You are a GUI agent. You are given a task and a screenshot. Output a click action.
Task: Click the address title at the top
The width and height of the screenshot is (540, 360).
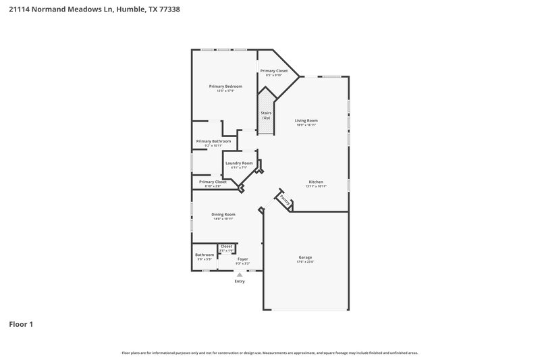click(x=94, y=10)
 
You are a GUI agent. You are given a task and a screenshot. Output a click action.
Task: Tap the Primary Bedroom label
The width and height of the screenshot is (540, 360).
click(x=225, y=86)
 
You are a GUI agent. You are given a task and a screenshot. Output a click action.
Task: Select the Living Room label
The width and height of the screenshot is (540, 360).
click(x=306, y=120)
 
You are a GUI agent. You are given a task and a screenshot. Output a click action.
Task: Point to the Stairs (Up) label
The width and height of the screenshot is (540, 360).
click(x=266, y=115)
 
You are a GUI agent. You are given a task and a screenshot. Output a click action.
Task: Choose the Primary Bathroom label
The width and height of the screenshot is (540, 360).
click(x=213, y=141)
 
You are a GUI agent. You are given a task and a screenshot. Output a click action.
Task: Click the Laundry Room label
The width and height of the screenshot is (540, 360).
click(x=239, y=163)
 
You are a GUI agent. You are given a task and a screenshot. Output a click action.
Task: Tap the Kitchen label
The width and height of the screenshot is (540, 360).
click(x=316, y=182)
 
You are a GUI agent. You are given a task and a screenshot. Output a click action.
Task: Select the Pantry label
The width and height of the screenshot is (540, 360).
click(x=284, y=201)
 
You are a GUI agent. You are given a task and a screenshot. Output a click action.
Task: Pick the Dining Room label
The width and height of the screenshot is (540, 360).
click(x=223, y=214)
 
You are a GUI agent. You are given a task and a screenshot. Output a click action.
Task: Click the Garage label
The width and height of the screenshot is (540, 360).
click(x=306, y=257)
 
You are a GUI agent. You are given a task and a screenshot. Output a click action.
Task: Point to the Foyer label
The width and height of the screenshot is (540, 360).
click(x=242, y=259)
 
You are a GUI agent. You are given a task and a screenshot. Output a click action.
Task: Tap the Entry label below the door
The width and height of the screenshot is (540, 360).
click(x=240, y=281)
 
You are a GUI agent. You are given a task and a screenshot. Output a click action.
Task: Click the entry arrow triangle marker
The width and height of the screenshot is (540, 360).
click(x=240, y=274)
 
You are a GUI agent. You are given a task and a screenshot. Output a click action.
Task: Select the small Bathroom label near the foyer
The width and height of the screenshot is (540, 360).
click(x=205, y=255)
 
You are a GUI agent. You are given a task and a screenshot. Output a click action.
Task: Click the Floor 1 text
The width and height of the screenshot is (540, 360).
click(x=21, y=324)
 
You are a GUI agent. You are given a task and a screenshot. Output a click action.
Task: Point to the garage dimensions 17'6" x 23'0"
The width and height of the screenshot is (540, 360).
click(x=306, y=262)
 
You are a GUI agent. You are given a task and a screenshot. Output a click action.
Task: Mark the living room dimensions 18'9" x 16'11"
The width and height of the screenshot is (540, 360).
click(x=306, y=125)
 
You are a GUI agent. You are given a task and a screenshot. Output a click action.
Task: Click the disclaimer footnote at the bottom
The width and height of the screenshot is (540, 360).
click(x=269, y=353)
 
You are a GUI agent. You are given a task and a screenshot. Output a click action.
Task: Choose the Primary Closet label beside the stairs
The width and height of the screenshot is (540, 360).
click(x=274, y=71)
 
